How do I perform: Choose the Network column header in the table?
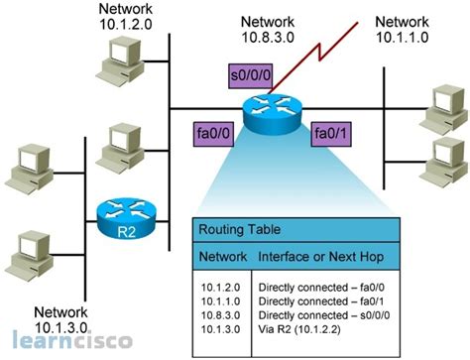(x=225, y=256)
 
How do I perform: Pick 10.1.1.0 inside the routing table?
(x=219, y=298)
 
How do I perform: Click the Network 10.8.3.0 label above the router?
(x=265, y=32)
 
